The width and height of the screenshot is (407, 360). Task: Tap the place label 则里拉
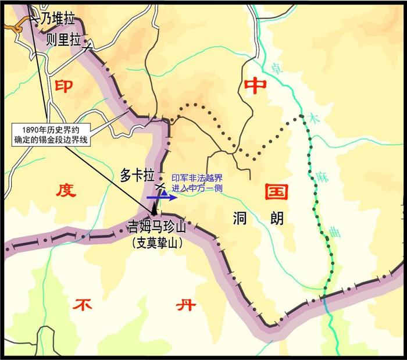pos(65,40)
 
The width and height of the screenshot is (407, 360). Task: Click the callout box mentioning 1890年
pos(53,134)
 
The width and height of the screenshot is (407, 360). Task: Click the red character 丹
pos(183,303)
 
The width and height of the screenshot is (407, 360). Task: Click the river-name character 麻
pos(323,176)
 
